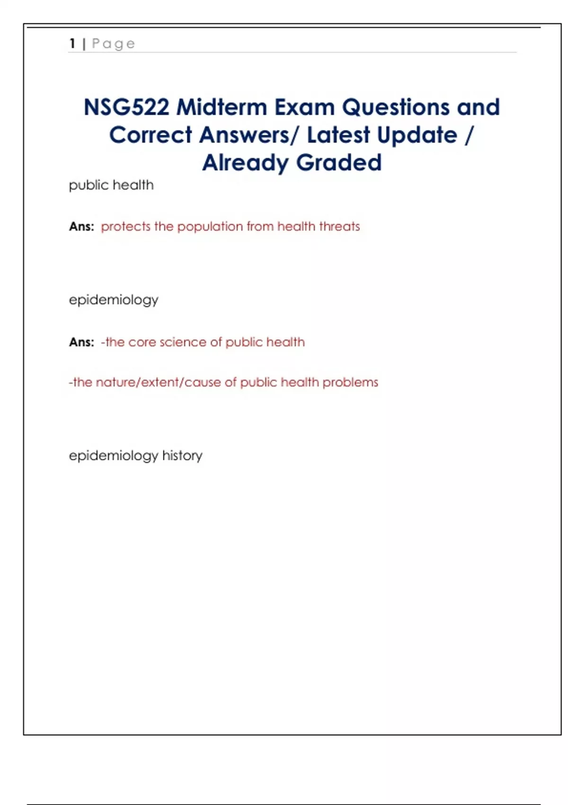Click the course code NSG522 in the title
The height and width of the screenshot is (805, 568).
[x=126, y=107]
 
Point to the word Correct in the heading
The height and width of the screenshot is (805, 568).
[x=151, y=135]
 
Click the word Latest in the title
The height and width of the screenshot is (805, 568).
[x=338, y=135]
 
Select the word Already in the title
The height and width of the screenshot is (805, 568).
[x=245, y=163]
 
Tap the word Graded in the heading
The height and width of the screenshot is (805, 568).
[x=339, y=163]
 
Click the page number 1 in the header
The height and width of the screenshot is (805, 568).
[x=72, y=44]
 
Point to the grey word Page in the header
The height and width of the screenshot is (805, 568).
[x=114, y=44]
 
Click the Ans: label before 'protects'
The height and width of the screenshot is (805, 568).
[x=81, y=227]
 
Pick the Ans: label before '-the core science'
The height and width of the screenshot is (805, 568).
[x=81, y=342]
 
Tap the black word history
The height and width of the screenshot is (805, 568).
[x=182, y=456]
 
